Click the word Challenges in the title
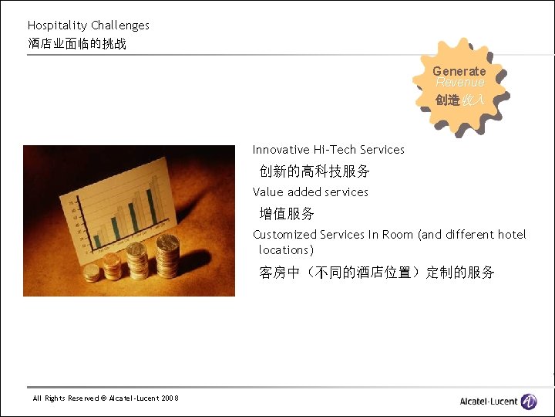120,25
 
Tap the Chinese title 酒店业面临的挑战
77,43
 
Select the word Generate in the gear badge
459,71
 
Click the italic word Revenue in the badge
460,82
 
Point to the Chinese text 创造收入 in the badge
459,100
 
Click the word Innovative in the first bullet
281,150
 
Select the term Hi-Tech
335,150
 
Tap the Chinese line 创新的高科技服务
314,171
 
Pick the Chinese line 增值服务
287,213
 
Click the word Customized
284,234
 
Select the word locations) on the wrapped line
287,249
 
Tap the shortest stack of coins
92,272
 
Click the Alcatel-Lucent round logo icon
529,401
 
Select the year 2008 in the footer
170,398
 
